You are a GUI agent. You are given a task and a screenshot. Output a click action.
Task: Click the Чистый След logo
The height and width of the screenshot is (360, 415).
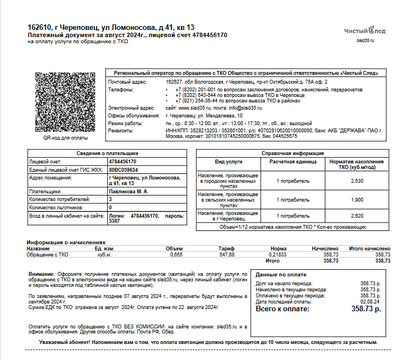tap(365, 31)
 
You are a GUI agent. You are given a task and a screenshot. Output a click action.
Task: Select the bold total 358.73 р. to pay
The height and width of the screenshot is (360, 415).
tap(366, 308)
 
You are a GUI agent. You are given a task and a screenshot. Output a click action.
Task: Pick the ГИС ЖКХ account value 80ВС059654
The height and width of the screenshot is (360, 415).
tap(124, 170)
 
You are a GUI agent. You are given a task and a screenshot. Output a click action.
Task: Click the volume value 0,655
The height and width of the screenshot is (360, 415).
tap(176, 255)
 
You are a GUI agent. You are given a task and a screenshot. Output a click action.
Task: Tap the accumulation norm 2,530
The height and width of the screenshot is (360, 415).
tap(357, 181)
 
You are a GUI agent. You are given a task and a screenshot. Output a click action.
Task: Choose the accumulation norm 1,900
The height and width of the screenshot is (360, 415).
tap(357, 199)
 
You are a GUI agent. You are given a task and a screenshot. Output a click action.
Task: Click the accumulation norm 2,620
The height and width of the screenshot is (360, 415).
tap(357, 215)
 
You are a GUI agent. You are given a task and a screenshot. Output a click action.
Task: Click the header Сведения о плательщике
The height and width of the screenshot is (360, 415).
tap(107, 153)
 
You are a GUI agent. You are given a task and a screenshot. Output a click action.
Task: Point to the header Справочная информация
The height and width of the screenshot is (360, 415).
tap(293, 153)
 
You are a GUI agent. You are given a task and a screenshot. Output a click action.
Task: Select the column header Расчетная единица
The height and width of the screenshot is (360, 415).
tap(293, 162)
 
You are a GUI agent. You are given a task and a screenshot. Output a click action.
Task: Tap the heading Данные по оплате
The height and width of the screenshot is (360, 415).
tap(281, 274)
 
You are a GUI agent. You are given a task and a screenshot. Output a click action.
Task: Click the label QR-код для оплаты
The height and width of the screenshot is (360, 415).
tap(65, 137)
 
